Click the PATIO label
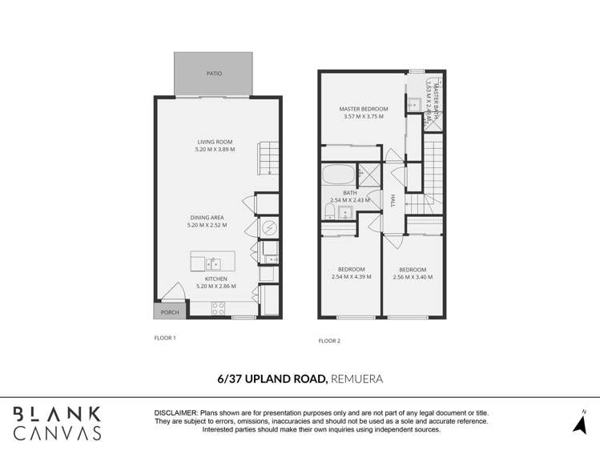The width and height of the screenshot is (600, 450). pos(214,74)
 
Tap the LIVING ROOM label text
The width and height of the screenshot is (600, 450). pos(215,142)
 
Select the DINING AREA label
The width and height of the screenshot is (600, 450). pos(207,217)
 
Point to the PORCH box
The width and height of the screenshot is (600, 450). pos(170,312)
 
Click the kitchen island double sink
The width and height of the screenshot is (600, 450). pos(214,263)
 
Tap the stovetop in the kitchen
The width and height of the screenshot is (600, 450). pos(219,307)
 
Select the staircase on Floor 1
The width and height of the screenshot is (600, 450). pos(269,158)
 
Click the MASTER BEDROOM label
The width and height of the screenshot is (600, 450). pos(363,109)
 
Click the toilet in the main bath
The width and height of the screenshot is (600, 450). pos(329,211)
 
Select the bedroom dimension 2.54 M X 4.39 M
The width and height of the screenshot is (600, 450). pos(351,277)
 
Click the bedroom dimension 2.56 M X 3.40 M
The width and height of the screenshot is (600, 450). pos(413,277)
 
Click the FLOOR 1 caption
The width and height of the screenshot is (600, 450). pos(164,338)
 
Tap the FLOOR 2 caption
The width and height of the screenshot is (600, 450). pos(329,341)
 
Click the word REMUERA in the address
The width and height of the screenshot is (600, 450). pos(357,378)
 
